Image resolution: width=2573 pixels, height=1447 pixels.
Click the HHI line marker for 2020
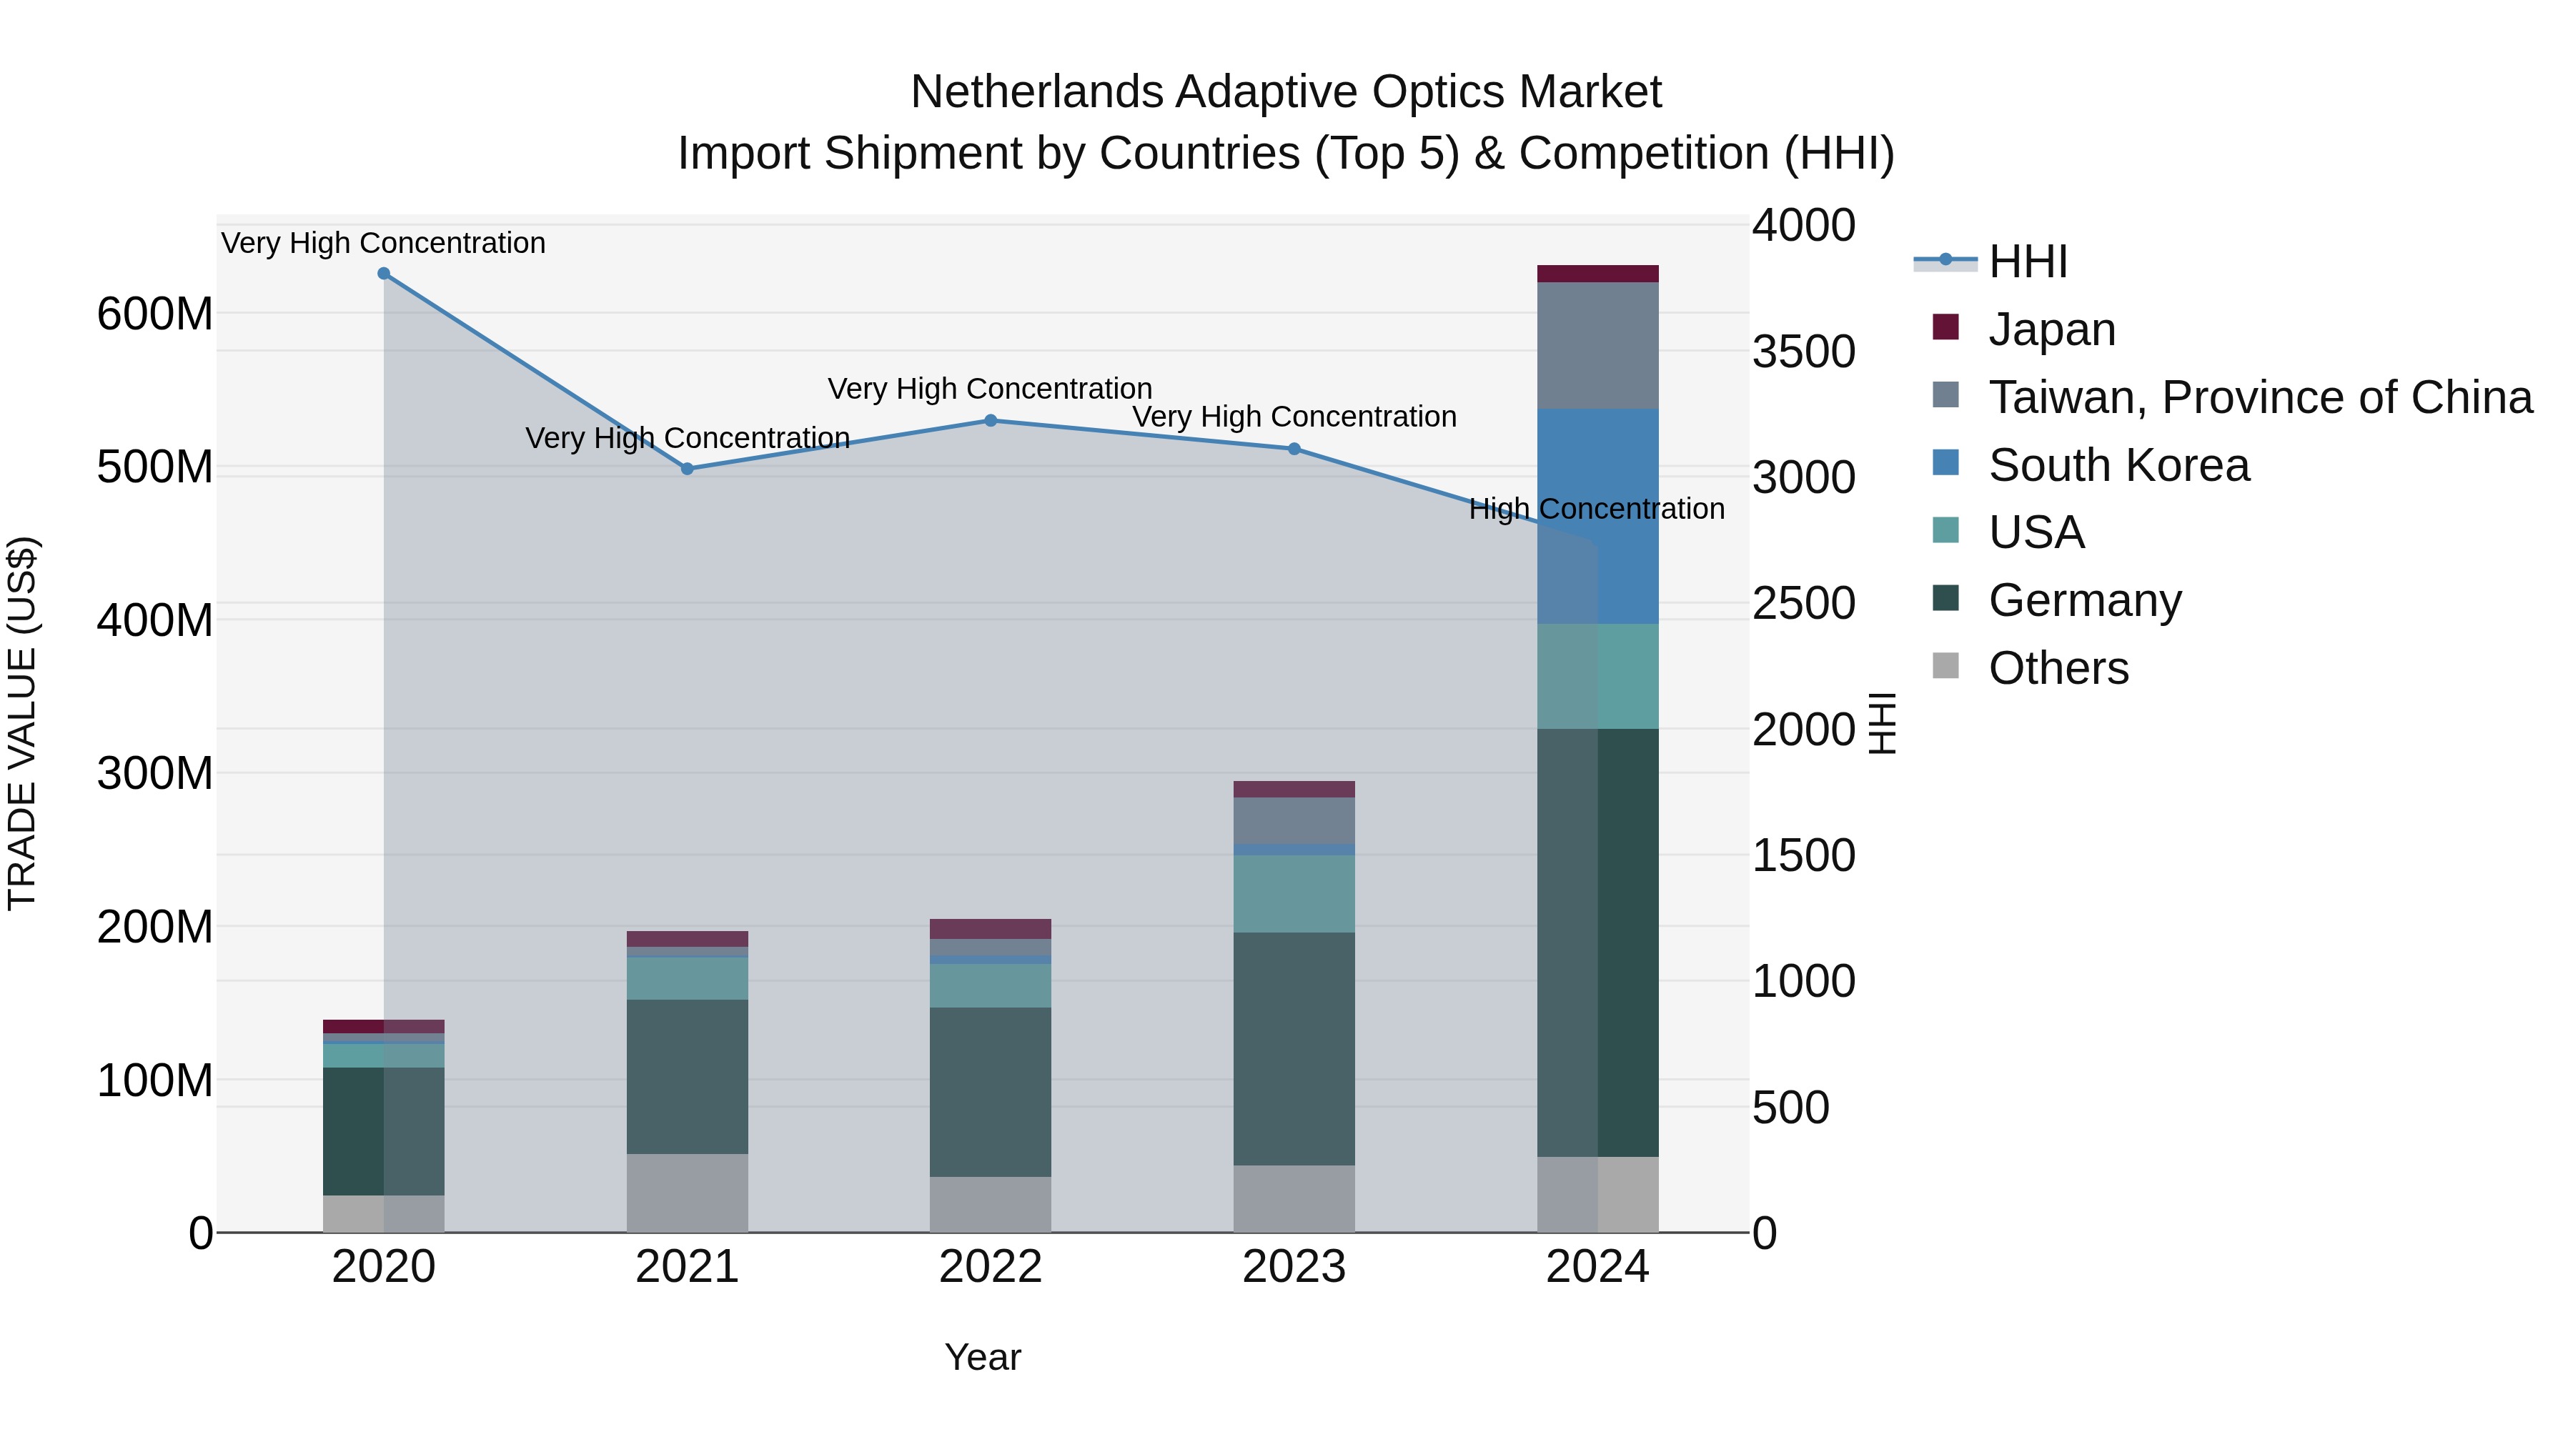[384, 274]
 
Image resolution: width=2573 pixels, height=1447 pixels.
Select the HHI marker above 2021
[687, 468]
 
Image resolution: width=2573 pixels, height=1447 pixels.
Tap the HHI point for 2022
[991, 420]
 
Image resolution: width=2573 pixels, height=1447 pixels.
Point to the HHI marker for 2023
[1294, 448]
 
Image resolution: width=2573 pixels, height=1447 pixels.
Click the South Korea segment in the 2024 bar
[1597, 517]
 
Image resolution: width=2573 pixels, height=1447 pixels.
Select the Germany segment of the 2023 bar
[1294, 1048]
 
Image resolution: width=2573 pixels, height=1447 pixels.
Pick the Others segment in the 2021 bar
[687, 1193]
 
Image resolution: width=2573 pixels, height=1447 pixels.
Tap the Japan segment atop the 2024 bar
[1597, 274]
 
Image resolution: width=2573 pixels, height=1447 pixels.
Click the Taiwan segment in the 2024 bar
[1597, 346]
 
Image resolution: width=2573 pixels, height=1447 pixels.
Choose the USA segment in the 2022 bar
[990, 985]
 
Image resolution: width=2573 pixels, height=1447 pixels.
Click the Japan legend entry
[2051, 329]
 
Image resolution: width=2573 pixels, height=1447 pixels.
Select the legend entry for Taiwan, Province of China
[2259, 397]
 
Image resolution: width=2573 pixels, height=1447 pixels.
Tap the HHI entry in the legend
[2028, 262]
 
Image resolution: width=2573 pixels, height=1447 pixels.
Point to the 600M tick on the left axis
[155, 314]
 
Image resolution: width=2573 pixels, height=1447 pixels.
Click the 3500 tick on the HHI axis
[1804, 352]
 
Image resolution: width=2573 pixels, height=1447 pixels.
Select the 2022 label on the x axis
[990, 1267]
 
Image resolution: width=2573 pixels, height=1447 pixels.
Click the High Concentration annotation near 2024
[1596, 509]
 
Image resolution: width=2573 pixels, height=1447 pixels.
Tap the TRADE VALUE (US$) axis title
[23, 723]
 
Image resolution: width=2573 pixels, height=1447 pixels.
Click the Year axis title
[983, 1357]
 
